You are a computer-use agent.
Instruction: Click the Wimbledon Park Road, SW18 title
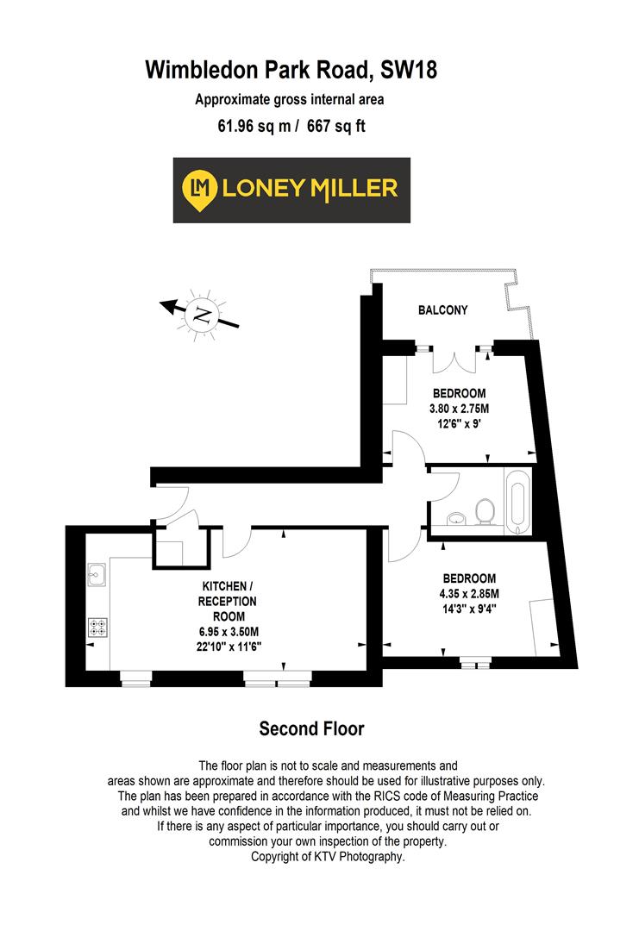coord(291,69)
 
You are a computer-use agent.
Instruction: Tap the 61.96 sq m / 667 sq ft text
coord(291,127)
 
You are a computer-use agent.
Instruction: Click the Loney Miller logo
coord(291,190)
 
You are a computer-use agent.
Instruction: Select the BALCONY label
coord(443,309)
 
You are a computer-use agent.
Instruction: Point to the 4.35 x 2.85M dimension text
coord(470,593)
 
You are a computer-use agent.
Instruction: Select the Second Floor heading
coord(311,729)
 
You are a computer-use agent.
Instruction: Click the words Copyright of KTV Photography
coord(327,857)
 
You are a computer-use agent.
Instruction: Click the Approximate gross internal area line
coord(289,99)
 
